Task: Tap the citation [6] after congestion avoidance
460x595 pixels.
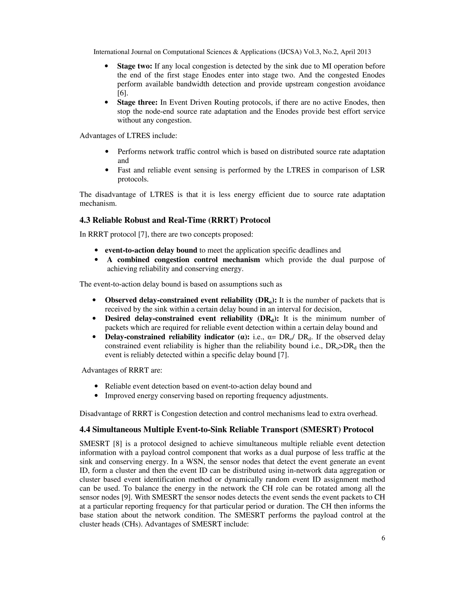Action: (x=122, y=93)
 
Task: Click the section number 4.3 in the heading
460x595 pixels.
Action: (x=85, y=220)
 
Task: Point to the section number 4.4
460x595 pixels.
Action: (x=85, y=430)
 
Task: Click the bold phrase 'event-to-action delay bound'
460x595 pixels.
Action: (x=151, y=250)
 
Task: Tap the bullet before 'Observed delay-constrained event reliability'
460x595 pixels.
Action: (x=94, y=300)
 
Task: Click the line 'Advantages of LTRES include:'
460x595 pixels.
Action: (x=128, y=135)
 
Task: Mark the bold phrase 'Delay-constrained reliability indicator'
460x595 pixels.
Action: (x=170, y=337)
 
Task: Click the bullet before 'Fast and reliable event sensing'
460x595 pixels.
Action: (x=107, y=170)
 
